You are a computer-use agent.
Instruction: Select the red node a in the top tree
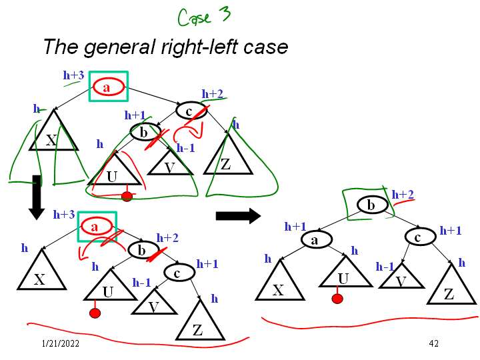coord(106,86)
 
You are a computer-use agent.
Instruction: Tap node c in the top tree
coord(190,111)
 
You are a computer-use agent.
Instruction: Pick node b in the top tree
coord(143,133)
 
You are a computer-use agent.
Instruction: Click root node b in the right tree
coord(371,205)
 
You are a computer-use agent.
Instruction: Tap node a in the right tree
coord(314,239)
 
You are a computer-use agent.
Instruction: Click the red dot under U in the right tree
coord(337,299)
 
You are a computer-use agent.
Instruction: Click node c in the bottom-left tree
coord(177,272)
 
